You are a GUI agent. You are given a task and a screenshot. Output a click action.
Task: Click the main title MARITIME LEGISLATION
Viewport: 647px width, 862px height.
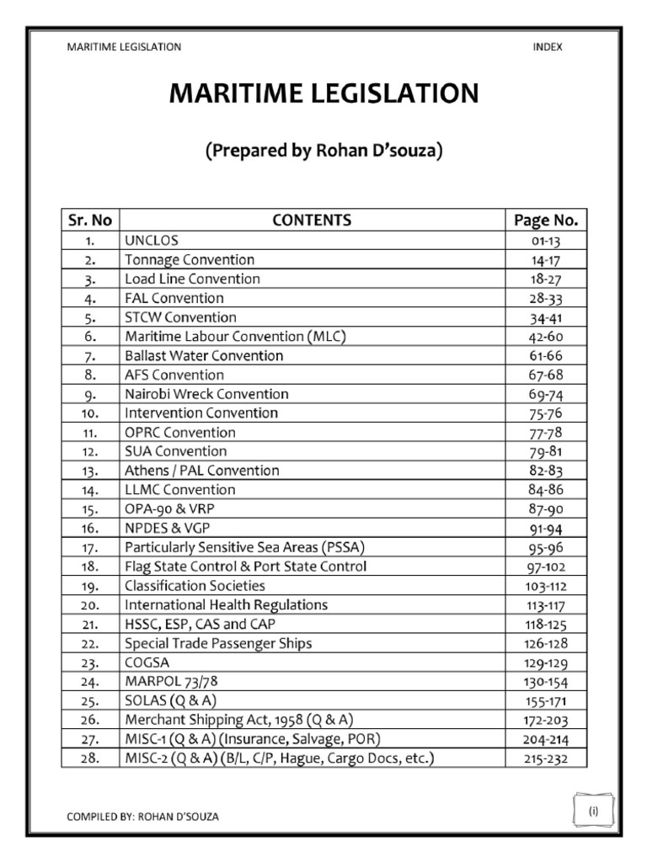tap(323, 93)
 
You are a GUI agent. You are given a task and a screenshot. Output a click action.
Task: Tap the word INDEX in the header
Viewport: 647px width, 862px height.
tap(547, 47)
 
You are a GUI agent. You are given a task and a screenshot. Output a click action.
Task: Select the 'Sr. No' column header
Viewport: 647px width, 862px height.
tap(88, 221)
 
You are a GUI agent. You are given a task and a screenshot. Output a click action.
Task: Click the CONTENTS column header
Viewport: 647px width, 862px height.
tap(312, 221)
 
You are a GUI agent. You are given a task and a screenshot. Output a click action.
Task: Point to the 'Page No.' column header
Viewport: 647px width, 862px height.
tap(546, 221)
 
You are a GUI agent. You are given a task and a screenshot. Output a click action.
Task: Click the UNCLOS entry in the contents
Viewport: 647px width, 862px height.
tap(152, 241)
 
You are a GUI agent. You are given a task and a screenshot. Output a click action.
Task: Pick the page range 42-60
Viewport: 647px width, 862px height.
tap(546, 337)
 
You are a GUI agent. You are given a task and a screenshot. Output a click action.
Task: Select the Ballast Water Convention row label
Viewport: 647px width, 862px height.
tap(204, 356)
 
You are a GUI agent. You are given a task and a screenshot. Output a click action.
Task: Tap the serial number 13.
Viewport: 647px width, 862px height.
tap(90, 471)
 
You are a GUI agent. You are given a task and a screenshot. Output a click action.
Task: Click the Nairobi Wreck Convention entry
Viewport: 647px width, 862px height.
tap(206, 394)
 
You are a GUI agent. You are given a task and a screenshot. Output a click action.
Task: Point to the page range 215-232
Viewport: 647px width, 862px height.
tap(546, 759)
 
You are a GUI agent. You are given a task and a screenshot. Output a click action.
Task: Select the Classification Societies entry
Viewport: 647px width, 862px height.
tap(195, 586)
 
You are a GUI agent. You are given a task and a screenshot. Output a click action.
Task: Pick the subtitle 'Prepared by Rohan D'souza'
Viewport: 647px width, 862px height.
tap(323, 152)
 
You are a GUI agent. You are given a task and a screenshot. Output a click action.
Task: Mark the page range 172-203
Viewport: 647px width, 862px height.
tap(546, 721)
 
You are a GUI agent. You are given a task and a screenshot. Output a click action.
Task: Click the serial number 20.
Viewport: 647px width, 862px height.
tap(90, 605)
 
